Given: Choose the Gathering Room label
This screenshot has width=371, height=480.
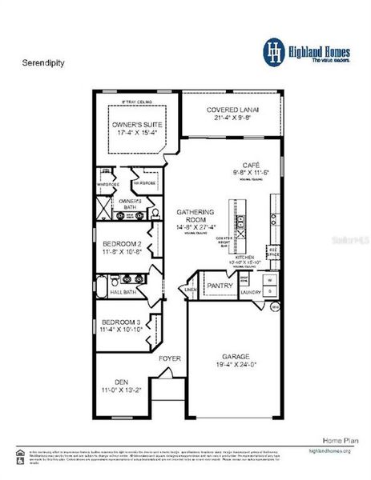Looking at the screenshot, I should coord(195,217).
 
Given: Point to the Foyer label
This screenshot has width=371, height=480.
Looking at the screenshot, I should coord(170,358).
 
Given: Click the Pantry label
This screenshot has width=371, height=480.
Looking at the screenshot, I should coord(220,285).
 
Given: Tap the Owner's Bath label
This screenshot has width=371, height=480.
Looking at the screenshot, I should coord(130,203).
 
